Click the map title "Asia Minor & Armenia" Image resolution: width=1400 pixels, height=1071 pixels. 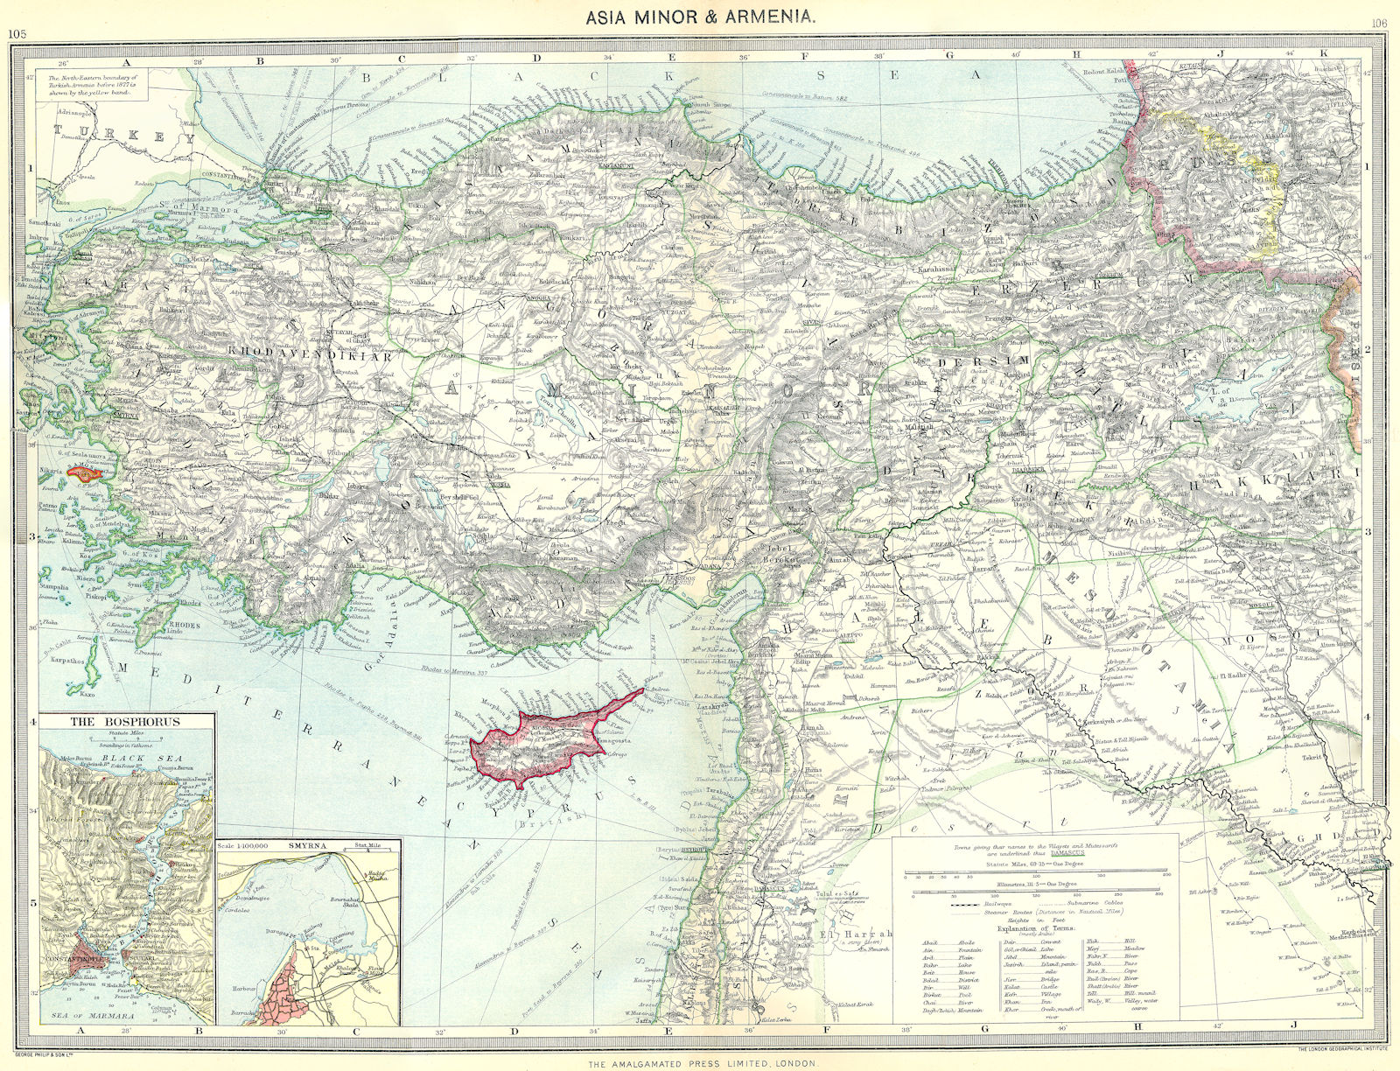[x=699, y=17]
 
